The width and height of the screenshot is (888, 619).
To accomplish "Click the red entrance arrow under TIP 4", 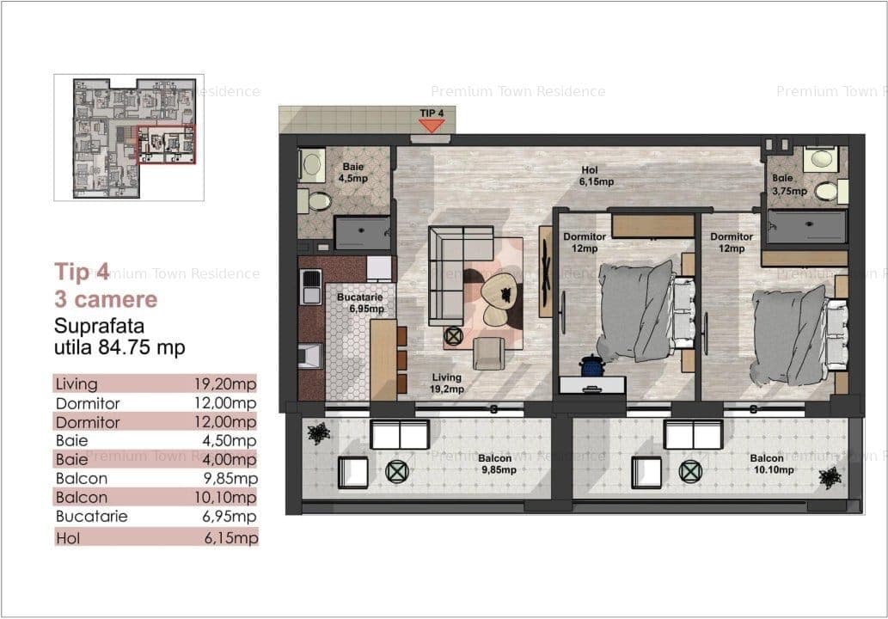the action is (x=432, y=126).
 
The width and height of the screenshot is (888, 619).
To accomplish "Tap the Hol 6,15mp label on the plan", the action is (x=596, y=175).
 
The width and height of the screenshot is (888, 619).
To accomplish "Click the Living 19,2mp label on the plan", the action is (x=446, y=383).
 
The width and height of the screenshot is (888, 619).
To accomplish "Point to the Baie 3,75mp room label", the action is (x=789, y=185).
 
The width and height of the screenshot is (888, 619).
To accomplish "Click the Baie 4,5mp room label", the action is (x=352, y=172).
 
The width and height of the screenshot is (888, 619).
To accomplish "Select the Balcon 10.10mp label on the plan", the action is (x=773, y=463).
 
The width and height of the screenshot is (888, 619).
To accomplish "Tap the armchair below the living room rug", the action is (x=488, y=353).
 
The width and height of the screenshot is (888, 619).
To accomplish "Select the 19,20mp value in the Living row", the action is (x=225, y=383).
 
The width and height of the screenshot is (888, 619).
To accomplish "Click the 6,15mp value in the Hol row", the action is (x=231, y=536).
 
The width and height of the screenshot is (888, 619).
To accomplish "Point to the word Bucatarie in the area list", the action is (x=92, y=516).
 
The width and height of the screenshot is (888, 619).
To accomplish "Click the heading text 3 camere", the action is (x=106, y=299).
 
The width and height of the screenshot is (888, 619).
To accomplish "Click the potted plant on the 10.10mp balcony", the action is (x=830, y=477).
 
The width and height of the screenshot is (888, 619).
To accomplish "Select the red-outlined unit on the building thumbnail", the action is (x=167, y=144).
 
